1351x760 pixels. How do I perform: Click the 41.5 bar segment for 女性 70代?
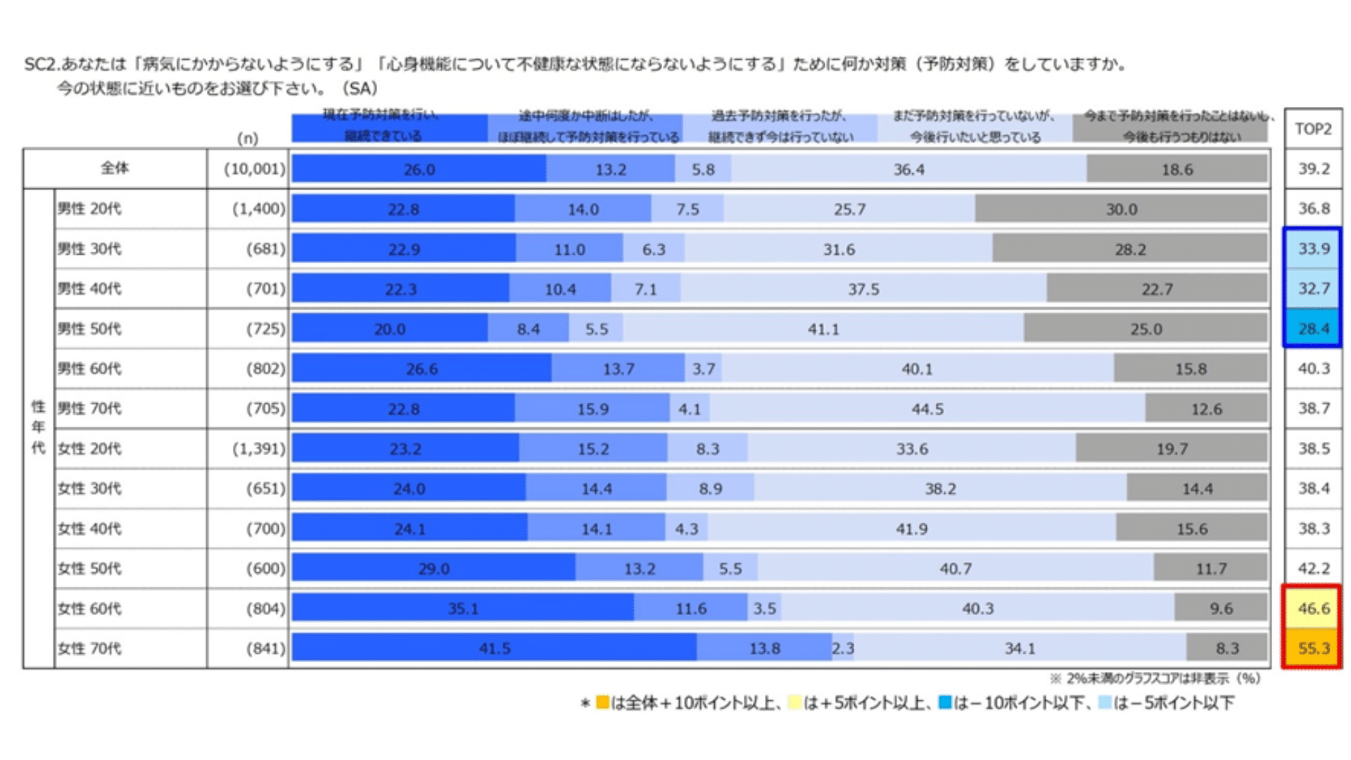pos(494,648)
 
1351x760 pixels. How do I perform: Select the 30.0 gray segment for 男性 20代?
pos(1121,209)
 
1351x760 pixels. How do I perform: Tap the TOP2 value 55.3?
pos(1313,648)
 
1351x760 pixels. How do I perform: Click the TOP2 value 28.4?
pos(1313,329)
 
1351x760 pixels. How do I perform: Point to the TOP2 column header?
pos(1313,129)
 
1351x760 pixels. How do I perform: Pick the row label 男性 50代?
pos(89,329)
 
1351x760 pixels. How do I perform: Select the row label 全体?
pos(115,168)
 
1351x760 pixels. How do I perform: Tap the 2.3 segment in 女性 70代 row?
pos(843,648)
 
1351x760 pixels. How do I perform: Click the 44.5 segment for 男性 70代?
pos(927,409)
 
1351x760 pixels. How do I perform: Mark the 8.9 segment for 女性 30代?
pos(710,488)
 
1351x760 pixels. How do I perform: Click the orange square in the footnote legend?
pos(602,702)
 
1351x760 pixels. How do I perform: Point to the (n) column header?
pos(248,138)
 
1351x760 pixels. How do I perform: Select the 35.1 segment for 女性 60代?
pos(463,608)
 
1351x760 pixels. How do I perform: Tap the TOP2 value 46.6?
pos(1313,608)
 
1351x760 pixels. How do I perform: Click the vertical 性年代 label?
pos(38,427)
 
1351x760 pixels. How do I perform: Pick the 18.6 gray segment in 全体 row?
pos(1176,169)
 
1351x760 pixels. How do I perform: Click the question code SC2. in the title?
pos(42,65)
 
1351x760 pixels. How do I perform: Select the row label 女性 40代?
pos(89,528)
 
